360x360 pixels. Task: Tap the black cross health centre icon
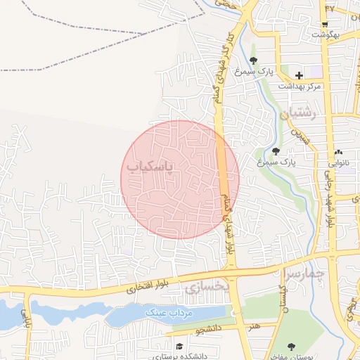(x=300, y=75)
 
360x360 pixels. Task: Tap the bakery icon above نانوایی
(x=339, y=152)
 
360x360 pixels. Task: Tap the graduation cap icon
(x=180, y=347)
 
